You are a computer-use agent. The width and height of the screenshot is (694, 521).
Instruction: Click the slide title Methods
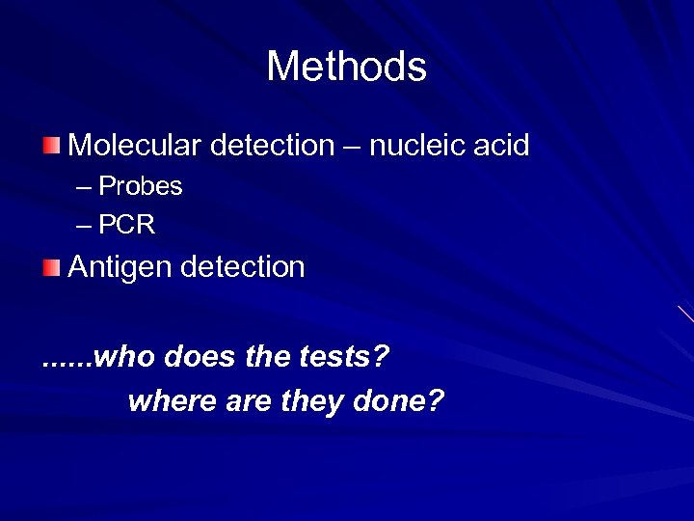[x=346, y=67]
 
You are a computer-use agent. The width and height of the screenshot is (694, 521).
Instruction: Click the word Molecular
[x=132, y=146]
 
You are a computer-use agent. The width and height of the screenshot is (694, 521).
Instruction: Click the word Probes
[x=141, y=185]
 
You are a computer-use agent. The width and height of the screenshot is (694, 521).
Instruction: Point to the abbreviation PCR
[x=127, y=225]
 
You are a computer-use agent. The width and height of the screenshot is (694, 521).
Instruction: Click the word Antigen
[x=120, y=267]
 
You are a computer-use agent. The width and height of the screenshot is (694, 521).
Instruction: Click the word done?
[x=405, y=399]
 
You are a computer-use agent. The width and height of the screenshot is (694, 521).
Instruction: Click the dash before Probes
[x=84, y=186]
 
